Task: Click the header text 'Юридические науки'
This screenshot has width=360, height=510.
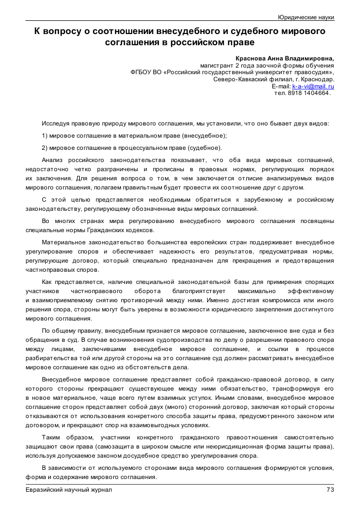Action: [x=306, y=17]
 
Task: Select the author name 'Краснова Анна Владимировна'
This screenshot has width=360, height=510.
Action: [x=285, y=58]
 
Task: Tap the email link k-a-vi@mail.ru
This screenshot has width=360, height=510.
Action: [x=313, y=87]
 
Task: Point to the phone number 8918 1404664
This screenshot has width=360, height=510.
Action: [x=309, y=93]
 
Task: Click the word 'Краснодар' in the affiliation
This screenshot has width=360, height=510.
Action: [x=318, y=80]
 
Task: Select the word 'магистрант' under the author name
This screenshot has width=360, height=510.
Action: [x=217, y=66]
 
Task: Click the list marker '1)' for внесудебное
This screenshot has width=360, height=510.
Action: [x=45, y=136]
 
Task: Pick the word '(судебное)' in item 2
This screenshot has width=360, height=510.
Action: [x=206, y=148]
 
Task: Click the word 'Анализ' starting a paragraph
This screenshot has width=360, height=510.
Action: [x=53, y=160]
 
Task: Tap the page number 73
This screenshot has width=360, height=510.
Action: [x=330, y=490]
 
